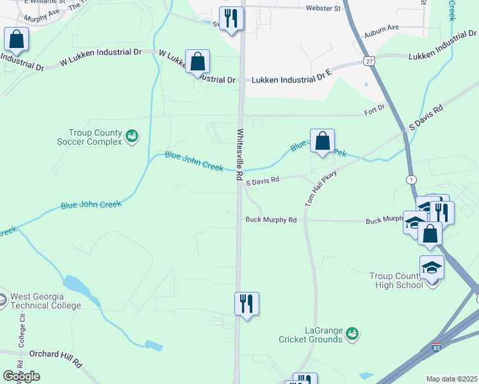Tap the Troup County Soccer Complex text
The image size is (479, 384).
point(95,137)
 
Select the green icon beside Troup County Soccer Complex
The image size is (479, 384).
point(132,135)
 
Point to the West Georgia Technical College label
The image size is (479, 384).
point(44,301)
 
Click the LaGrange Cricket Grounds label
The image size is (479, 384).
point(311,335)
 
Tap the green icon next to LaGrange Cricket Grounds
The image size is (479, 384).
point(352,333)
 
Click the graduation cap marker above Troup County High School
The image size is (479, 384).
point(432,268)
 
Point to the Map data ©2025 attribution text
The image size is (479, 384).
point(451,379)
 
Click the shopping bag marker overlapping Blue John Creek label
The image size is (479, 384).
point(323,140)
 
